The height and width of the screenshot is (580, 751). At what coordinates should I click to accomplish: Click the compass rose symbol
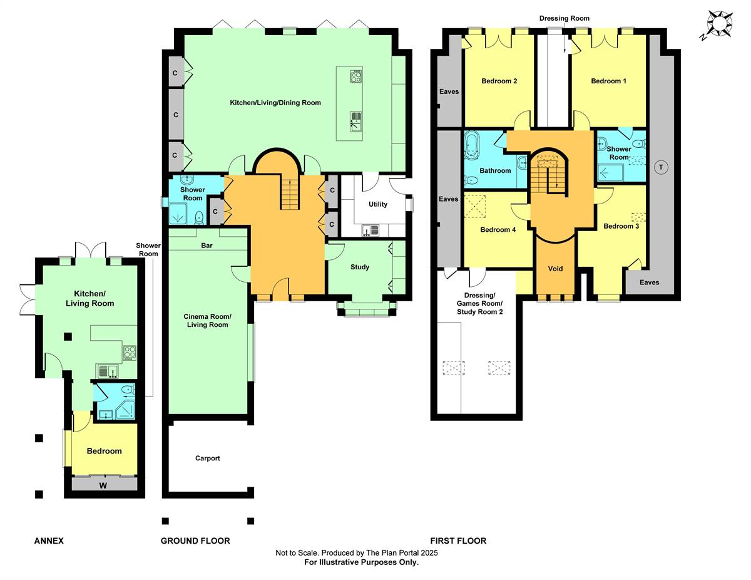pos(720,24)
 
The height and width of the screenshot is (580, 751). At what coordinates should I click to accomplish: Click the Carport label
pos(208,458)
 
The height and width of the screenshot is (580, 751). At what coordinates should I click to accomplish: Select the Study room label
pos(359,267)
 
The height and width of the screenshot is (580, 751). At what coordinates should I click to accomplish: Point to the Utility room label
pos(378,204)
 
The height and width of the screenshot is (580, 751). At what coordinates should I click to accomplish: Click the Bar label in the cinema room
pos(207,246)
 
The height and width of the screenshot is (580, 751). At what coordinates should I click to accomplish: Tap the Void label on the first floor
pos(555,269)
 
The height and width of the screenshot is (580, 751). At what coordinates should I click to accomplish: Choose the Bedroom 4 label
pos(498,230)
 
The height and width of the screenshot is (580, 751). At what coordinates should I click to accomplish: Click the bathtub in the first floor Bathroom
pos(471,146)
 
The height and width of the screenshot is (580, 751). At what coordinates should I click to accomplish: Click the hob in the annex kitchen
pos(130,353)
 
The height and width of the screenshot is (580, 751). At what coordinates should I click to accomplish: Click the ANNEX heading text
pos(49,541)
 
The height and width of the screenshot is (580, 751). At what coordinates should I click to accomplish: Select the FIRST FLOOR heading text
pos(457,541)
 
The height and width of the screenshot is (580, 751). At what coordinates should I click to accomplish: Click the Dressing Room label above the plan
pos(564,19)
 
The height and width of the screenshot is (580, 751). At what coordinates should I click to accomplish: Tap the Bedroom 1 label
pos(608,81)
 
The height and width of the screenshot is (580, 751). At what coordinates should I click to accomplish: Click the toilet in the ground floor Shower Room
pos(199,217)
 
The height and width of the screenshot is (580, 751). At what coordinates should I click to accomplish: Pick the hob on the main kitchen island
pos(355,77)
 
